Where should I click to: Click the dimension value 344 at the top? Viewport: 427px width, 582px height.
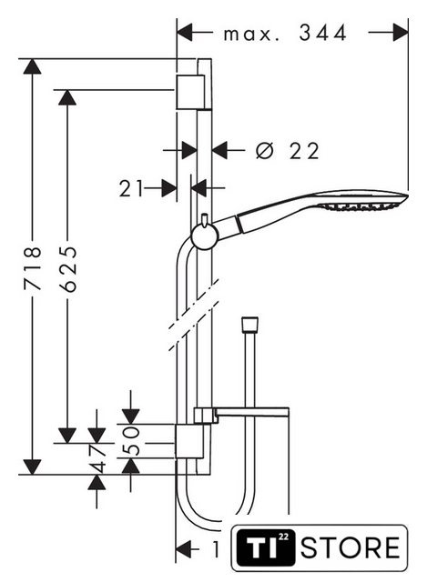(322, 33)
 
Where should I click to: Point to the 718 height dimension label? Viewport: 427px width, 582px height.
(32, 268)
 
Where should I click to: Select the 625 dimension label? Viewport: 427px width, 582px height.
(67, 268)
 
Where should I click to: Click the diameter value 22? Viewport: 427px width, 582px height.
(304, 151)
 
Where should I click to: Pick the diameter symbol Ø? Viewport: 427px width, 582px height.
(265, 151)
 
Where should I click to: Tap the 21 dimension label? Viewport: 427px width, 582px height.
(131, 188)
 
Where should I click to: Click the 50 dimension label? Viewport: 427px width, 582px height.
(131, 440)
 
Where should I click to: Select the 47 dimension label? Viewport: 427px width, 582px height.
(97, 457)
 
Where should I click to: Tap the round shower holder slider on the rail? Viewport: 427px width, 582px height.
(204, 236)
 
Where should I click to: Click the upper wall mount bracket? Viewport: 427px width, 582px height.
(190, 92)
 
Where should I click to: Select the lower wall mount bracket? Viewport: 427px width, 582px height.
(189, 441)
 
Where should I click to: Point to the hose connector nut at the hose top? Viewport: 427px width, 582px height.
(249, 324)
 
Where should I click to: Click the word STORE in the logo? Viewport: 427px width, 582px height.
(351, 547)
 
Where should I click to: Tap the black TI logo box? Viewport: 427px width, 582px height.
(266, 547)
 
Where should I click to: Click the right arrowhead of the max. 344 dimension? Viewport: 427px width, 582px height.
(401, 33)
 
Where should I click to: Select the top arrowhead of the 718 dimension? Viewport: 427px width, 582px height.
(32, 66)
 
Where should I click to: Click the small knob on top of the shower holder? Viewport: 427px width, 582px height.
(204, 219)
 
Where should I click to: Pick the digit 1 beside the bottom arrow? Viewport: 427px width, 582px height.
(216, 549)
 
